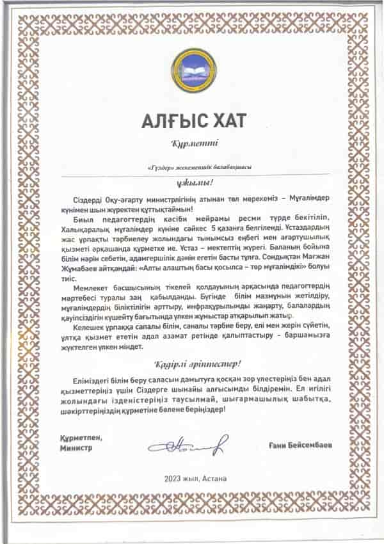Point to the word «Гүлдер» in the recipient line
pos(159,166)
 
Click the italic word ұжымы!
pos(191,181)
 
